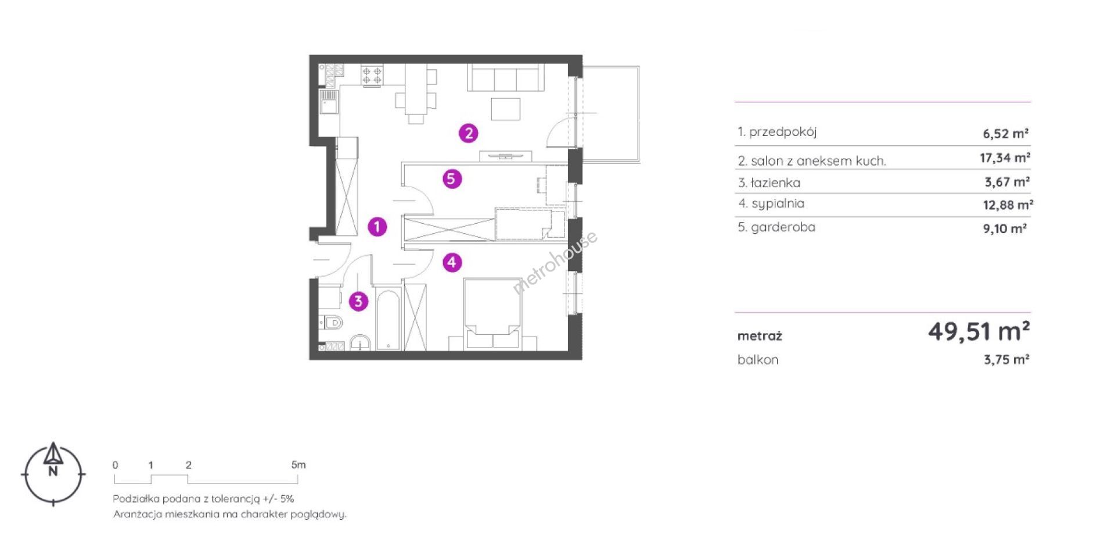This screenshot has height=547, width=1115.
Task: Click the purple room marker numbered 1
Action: (377, 227)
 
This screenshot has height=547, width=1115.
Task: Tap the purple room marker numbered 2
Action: (469, 133)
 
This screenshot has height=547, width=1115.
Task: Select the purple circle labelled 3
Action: (358, 301)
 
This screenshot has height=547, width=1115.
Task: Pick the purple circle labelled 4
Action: (452, 262)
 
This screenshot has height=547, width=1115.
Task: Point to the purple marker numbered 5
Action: (452, 178)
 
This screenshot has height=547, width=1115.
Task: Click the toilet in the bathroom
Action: (332, 322)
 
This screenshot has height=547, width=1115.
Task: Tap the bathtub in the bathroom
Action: (387, 319)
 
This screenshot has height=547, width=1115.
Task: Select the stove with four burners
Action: (372, 76)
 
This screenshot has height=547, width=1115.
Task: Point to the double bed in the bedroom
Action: (492, 314)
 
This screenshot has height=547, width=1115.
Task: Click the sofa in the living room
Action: (506, 77)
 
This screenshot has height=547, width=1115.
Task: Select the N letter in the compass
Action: (53, 471)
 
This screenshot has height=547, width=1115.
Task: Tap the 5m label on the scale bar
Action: (298, 464)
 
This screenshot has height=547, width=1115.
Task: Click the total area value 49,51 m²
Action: (979, 331)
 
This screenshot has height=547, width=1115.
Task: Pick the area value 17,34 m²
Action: (1005, 158)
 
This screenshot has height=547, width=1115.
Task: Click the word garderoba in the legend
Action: (783, 227)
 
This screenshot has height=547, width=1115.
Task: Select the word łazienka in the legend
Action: (775, 183)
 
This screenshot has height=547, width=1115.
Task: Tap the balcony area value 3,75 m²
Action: (1006, 359)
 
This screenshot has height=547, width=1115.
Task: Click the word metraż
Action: (760, 336)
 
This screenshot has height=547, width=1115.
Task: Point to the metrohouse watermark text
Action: (555, 262)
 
